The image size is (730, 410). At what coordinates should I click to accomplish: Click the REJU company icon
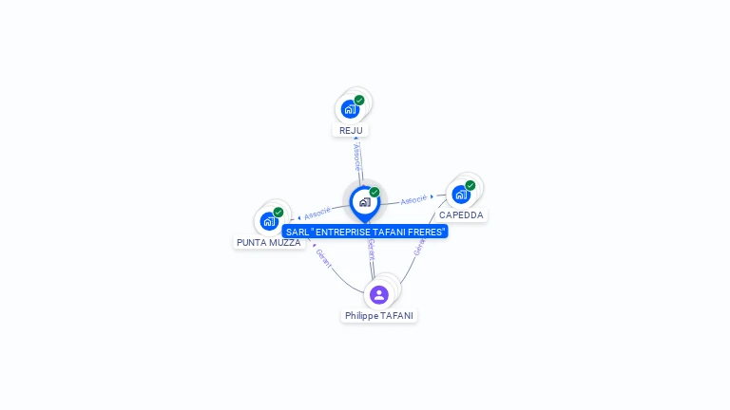point(350,109)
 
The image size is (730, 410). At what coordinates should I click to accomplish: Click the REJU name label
point(351,131)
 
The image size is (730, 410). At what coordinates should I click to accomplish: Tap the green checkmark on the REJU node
point(359,100)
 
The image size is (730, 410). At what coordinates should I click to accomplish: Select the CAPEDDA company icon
point(461,195)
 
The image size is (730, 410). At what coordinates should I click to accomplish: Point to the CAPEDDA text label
point(461,215)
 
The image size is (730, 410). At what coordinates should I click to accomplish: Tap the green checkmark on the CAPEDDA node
point(471,185)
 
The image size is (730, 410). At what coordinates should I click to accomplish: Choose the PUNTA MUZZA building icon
point(269,221)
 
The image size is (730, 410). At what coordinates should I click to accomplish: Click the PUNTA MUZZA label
point(269,243)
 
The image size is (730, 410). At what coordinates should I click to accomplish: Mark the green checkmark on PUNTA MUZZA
point(279,213)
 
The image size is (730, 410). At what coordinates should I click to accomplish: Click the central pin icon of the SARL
point(364,202)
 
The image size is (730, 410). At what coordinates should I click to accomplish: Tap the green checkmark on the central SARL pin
point(375,192)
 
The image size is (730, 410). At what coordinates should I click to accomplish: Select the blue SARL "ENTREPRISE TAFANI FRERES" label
point(365,232)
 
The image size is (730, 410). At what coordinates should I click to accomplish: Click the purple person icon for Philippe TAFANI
point(379,294)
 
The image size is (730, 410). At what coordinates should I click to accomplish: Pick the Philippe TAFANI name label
point(379,316)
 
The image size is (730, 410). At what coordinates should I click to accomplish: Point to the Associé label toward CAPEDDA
point(414,200)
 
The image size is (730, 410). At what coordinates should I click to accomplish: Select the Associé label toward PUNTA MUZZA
point(317,213)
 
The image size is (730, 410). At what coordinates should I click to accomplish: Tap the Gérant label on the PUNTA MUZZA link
point(323,258)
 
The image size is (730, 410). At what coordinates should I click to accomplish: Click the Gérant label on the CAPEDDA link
point(418,245)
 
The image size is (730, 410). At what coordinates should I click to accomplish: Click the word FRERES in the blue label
point(424,232)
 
